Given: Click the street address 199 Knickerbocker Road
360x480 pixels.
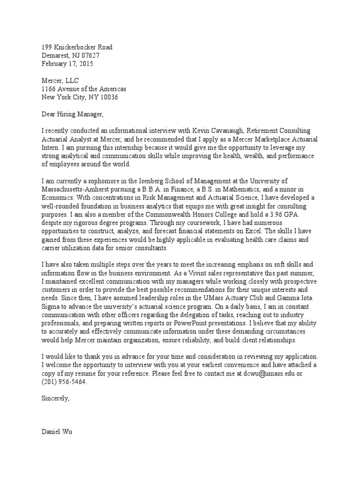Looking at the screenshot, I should click(77, 47).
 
